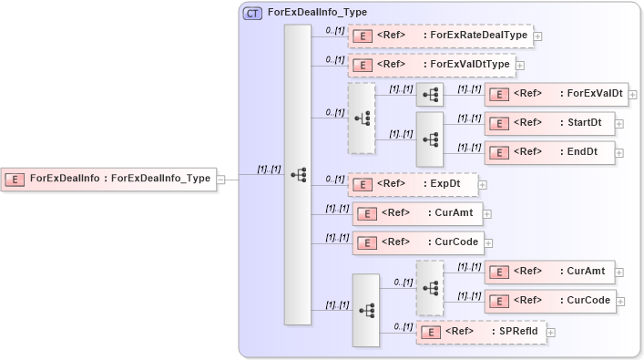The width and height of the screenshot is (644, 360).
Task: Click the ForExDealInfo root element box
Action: click(109, 179)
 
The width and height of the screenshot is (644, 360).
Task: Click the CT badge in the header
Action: click(252, 14)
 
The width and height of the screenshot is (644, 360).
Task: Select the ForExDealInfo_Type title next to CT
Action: click(318, 14)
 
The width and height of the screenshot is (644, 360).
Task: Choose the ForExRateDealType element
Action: click(441, 36)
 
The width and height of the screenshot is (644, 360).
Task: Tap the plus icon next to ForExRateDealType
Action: click(538, 36)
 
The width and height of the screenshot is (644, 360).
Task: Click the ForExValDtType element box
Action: click(433, 65)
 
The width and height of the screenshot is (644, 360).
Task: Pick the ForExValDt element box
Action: click(557, 94)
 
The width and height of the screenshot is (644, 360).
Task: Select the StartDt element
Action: click(550, 123)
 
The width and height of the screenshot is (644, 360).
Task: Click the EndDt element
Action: click(550, 152)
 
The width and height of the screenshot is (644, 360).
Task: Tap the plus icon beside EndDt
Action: click(620, 153)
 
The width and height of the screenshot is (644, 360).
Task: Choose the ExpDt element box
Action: click(414, 184)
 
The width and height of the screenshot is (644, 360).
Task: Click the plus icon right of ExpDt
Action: click(483, 185)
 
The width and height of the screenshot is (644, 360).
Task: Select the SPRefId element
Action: click(482, 332)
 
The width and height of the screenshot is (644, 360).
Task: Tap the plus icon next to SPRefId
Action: click(551, 333)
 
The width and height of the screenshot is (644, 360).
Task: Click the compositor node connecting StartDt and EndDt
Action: click(430, 139)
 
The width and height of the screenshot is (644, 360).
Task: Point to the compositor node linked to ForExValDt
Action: click(430, 95)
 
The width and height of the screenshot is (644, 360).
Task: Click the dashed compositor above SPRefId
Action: click(430, 287)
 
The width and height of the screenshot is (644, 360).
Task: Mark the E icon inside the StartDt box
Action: click(499, 123)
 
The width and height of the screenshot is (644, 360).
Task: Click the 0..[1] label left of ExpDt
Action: click(334, 179)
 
